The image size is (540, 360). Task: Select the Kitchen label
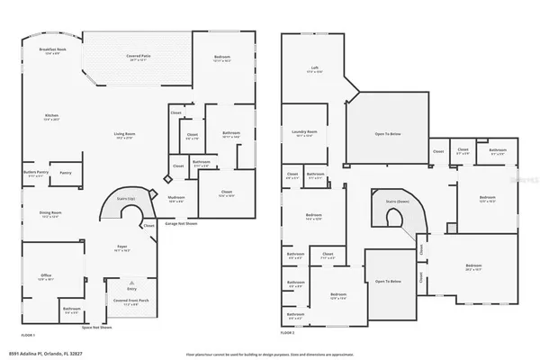click(x=53, y=116)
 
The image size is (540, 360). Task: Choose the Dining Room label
click(x=50, y=214)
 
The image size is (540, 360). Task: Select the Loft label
click(x=315, y=68)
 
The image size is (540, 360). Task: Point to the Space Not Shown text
click(x=96, y=327)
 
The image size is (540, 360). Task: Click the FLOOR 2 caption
click(x=287, y=333)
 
